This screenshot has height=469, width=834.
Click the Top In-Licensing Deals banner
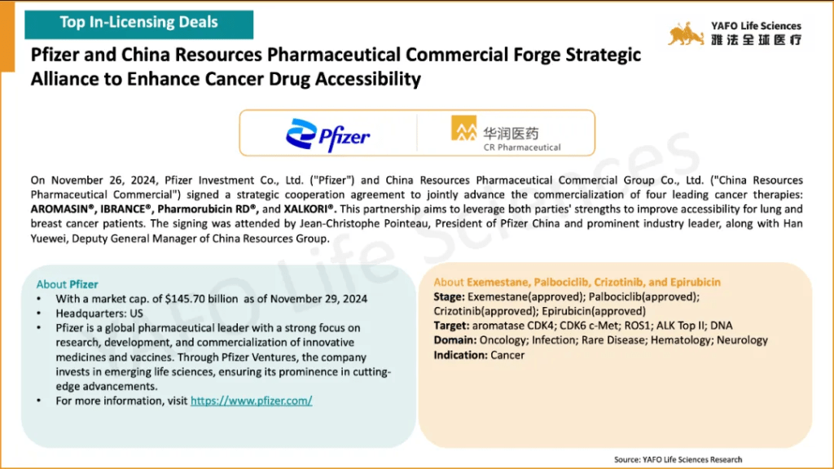pyautogui.click(x=138, y=24)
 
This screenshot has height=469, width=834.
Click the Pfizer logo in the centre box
pyautogui.click(x=327, y=136)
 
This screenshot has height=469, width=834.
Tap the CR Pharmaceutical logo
pyautogui.click(x=506, y=134)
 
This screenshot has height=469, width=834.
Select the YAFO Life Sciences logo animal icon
pyautogui.click(x=686, y=34)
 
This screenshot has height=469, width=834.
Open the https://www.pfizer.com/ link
pyautogui.click(x=251, y=401)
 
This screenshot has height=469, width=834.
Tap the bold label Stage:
pyautogui.click(x=449, y=296)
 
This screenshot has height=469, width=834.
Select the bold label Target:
pyautogui.click(x=451, y=326)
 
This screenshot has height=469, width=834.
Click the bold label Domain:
pyautogui.click(x=454, y=340)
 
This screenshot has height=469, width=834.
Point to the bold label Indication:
pyautogui.click(x=460, y=355)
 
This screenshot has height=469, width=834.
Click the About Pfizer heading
pyautogui.click(x=67, y=284)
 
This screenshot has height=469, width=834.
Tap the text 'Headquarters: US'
pyautogui.click(x=99, y=313)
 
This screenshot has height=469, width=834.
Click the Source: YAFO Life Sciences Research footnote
pyautogui.click(x=678, y=459)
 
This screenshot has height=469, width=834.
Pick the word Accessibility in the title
pyautogui.click(x=367, y=79)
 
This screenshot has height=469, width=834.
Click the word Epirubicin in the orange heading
pyautogui.click(x=696, y=282)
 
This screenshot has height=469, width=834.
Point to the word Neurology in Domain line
pyautogui.click(x=742, y=340)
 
